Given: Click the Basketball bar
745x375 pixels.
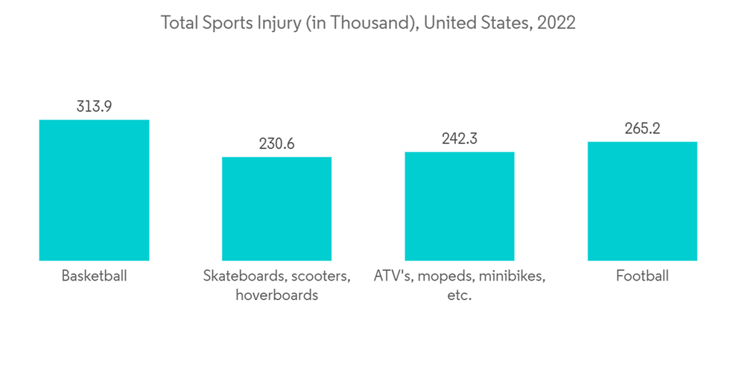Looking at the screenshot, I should pyautogui.click(x=94, y=190).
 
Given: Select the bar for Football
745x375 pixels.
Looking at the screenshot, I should pyautogui.click(x=642, y=201).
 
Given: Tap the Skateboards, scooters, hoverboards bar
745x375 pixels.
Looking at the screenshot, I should pyautogui.click(x=276, y=208).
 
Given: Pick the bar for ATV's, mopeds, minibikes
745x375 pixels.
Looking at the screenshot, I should pyautogui.click(x=460, y=206).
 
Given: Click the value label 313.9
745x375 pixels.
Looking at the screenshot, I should pyautogui.click(x=94, y=106).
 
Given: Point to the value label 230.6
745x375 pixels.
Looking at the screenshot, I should pyautogui.click(x=276, y=144).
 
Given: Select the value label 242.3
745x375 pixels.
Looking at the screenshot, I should pyautogui.click(x=460, y=138).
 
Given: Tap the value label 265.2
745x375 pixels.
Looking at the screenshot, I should pyautogui.click(x=642, y=129).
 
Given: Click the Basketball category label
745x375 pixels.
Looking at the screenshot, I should pyautogui.click(x=94, y=276).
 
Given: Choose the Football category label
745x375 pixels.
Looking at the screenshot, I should pyautogui.click(x=642, y=276).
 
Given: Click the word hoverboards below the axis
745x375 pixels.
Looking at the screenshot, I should pyautogui.click(x=276, y=295).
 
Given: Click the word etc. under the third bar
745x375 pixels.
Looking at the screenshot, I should pyautogui.click(x=460, y=295).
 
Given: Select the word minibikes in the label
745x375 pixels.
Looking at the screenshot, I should pyautogui.click(x=513, y=276).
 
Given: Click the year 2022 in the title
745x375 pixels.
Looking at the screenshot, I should pyautogui.click(x=556, y=23).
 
